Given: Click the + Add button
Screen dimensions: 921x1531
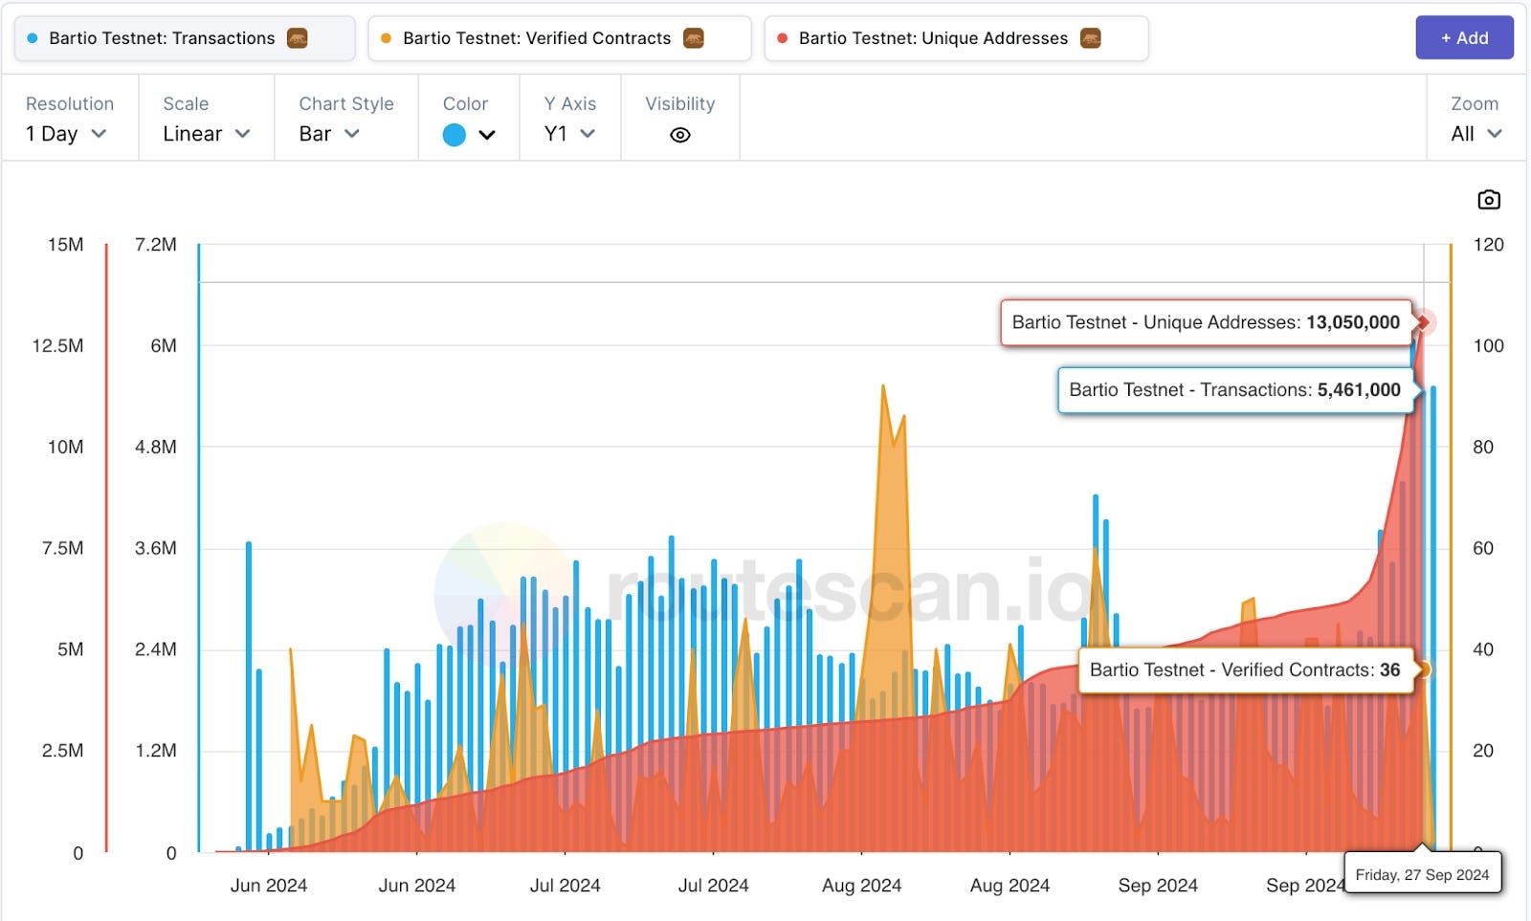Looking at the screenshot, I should pos(1464,38).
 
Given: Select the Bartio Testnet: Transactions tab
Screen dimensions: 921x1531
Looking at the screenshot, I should pos(184,38).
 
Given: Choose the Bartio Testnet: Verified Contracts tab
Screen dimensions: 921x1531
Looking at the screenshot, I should pos(559,38).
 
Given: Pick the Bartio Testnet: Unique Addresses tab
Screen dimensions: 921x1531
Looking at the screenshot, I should pos(955,38).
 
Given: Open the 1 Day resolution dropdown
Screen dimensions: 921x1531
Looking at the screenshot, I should pos(66,134).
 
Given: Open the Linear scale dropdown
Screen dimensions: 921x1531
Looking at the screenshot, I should pos(206,134).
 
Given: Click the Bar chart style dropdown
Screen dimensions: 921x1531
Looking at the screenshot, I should pos(329,134).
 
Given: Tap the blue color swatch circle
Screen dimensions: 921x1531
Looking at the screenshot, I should pos(455,135).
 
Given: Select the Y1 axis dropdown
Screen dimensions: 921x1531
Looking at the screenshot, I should pos(569,134).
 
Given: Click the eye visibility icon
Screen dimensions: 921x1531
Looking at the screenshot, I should pos(680,135).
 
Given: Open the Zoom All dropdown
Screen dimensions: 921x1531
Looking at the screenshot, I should pos(1476,134).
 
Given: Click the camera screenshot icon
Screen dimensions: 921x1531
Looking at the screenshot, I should pos(1488,200).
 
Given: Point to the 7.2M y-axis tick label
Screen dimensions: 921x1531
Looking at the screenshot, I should pos(156,245).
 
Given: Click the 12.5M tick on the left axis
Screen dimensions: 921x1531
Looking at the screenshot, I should pos(57,345).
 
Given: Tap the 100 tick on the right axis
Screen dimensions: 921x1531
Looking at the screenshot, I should pos(1488,345).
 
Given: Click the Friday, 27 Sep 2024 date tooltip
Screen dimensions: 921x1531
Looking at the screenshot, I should pos(1422,874).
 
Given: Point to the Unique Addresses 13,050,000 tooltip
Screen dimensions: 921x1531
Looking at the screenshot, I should pos(1206,322).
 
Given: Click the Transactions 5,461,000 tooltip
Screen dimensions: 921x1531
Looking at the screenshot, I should pos(1234,390).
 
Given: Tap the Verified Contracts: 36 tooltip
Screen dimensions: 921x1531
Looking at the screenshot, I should pos(1244,669).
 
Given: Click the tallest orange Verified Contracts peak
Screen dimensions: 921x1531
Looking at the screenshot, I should pos(883,386).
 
